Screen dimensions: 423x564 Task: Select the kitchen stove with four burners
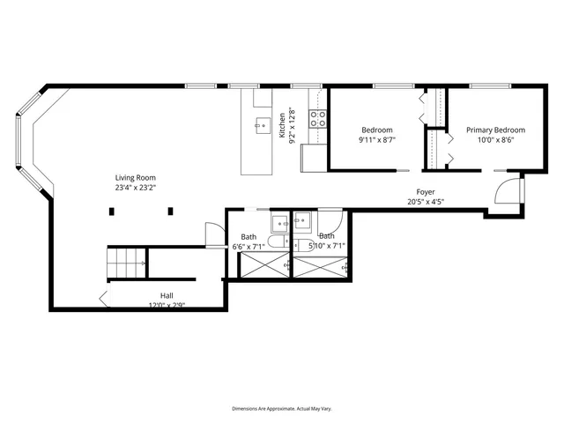pos(318,118)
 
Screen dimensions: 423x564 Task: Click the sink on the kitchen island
pos(261,126)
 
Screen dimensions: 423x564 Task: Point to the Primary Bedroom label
pos(495,130)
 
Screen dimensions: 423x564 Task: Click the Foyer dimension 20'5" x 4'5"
pos(426,202)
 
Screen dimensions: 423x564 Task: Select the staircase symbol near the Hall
pos(125,262)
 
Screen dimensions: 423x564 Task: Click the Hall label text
pos(167,295)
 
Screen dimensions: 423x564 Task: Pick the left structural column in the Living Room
pos(112,211)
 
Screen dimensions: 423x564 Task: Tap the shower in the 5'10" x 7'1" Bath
pos(320,265)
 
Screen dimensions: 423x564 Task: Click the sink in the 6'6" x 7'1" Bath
pos(278,221)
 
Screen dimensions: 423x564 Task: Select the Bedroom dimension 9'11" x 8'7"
pos(377,139)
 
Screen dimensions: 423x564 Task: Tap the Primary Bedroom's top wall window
pos(491,86)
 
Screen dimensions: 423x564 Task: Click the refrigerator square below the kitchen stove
pos(313,156)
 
